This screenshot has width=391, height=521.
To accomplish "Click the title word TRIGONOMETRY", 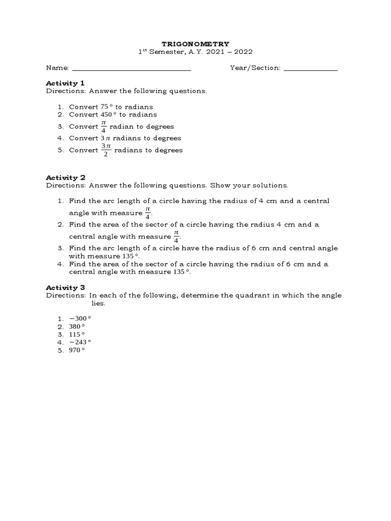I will click(196, 44).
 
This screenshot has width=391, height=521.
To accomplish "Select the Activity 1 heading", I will click(65, 83).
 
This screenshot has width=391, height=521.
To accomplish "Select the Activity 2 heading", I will click(65, 178).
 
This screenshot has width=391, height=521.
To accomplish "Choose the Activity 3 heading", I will click(65, 287).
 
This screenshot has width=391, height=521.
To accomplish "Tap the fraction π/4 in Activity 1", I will click(104, 126).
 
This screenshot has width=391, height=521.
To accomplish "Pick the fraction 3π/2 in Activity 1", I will click(105, 150).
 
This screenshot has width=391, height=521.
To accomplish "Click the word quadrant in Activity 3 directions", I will click(250, 296).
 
